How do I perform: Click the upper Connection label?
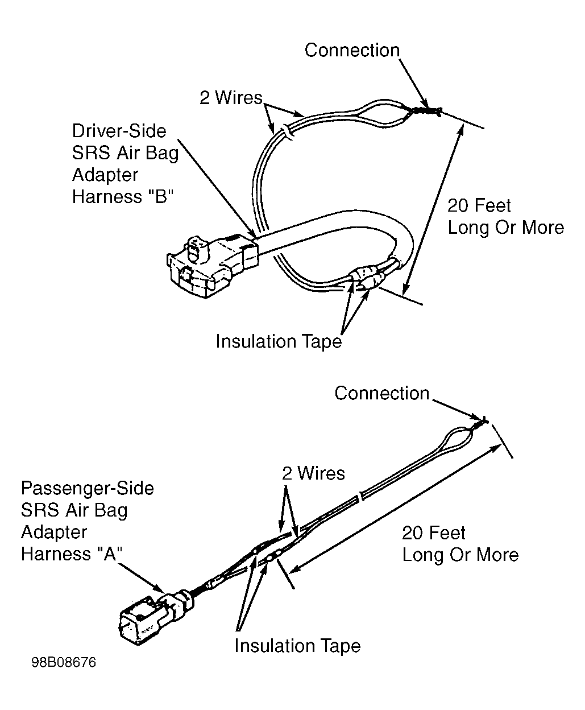352,50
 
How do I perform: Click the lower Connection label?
382,393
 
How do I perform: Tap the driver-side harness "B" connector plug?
213,266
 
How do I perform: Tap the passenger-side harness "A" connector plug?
156,615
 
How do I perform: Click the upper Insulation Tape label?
279,341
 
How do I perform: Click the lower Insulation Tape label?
297,646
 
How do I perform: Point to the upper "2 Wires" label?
231,98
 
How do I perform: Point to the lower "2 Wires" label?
313,473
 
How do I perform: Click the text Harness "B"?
123,196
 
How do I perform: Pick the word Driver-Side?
119,131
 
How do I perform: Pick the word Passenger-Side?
88,488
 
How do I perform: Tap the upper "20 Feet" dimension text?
479,206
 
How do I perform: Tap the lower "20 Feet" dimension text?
434,533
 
